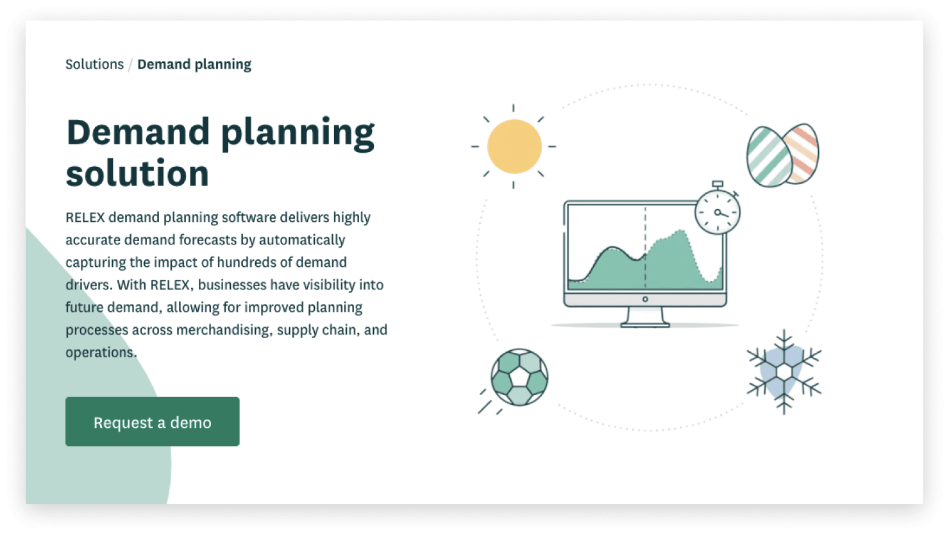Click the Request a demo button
click(x=152, y=421)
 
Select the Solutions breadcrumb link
click(x=94, y=64)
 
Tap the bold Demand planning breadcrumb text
click(x=194, y=64)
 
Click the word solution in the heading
click(x=137, y=173)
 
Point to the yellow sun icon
click(x=514, y=146)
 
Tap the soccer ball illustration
click(x=519, y=377)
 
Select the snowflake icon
click(x=784, y=372)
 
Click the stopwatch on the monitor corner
click(x=718, y=210)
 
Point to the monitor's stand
click(x=645, y=317)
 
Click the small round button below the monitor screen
click(x=645, y=300)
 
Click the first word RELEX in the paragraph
click(x=85, y=217)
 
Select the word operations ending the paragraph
click(x=101, y=353)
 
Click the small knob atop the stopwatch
click(x=718, y=184)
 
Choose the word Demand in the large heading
click(x=138, y=132)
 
